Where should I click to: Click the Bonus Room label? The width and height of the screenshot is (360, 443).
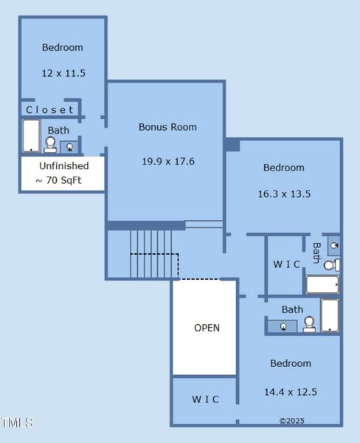coord(167,127)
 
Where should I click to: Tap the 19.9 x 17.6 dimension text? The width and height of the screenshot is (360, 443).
coord(167,161)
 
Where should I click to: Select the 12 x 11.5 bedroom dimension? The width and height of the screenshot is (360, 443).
coord(62,74)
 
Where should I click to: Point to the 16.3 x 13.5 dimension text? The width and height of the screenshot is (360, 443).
coord(283,194)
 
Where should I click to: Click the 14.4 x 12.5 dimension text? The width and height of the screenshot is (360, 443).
coord(290,392)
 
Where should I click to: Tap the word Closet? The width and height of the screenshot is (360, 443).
coord(50,110)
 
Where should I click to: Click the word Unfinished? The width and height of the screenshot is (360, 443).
coord(63,166)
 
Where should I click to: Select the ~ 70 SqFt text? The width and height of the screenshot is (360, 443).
coord(62,180)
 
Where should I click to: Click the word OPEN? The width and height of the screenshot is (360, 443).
coord(207,328)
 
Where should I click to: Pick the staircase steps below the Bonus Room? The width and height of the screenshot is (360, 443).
coord(150,253)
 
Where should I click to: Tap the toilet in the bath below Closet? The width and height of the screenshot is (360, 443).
coord(50,145)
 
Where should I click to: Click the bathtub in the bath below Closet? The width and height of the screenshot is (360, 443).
coord(31,137)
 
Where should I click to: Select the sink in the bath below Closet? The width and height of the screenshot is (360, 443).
coord(70,146)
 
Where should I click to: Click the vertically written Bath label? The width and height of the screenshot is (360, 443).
coord(316,253)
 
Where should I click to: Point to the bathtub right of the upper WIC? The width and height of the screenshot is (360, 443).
coord(322,284)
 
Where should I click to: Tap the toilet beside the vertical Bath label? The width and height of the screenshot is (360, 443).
coord(331,264)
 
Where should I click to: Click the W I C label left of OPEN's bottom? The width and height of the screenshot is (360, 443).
coord(205,399)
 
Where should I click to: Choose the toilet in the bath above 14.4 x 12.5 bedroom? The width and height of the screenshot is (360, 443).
coord(309,324)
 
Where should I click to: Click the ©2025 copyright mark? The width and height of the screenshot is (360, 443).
coord(291,421)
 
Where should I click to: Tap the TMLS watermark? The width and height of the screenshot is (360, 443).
coord(16,423)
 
